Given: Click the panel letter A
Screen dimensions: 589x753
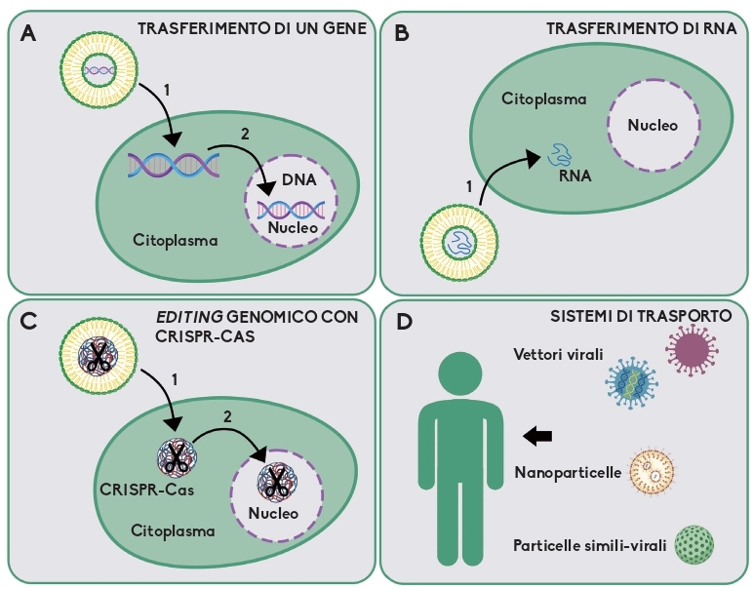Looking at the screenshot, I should (28, 31).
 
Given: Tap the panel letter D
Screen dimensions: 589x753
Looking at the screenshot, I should (404, 319).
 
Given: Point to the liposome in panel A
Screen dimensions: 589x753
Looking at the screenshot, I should (97, 68).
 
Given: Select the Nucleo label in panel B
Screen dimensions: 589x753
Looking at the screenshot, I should (652, 126).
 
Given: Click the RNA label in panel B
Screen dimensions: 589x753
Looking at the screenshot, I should (575, 177).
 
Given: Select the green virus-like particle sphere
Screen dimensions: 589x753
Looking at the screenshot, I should (694, 542).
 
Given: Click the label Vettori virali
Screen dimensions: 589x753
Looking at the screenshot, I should (558, 355).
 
